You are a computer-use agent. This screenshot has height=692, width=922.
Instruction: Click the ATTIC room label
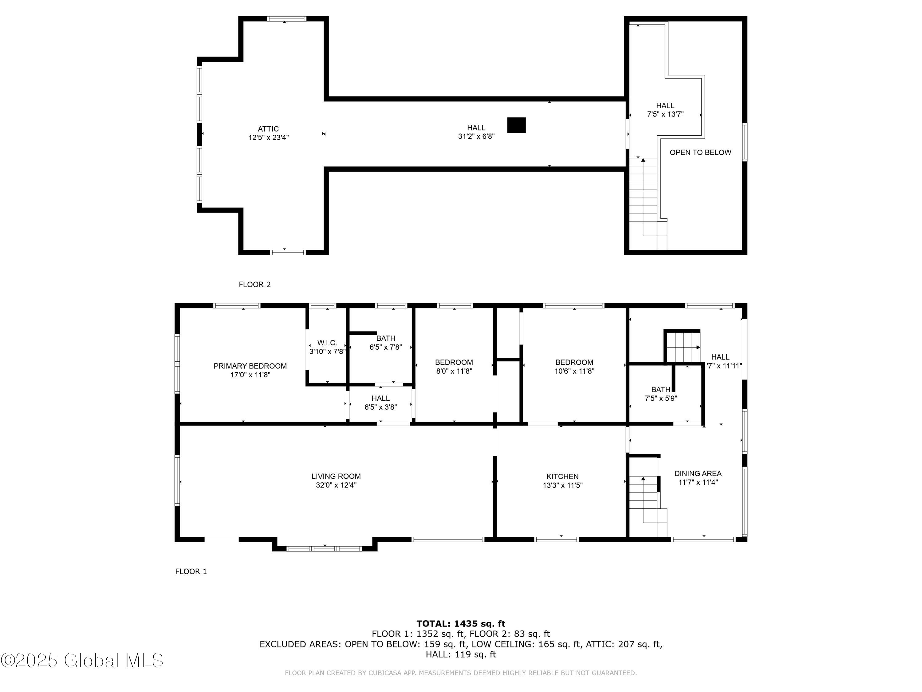pos(268,129)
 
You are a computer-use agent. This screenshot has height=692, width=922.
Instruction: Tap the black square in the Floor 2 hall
pos(516,125)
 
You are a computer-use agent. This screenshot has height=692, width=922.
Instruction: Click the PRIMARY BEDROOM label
pos(250,366)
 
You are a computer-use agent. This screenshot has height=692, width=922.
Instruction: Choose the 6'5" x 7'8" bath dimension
pos(386,347)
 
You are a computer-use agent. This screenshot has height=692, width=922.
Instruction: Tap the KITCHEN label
pos(562,476)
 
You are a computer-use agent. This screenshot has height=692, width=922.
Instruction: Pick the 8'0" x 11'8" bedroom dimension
pos(454,371)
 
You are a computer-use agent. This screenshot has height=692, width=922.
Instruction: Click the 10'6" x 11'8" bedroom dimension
pos(574,371)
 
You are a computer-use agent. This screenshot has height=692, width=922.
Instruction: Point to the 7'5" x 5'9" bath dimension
pos(661,398)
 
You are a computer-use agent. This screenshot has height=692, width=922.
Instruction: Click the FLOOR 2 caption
pos(255,284)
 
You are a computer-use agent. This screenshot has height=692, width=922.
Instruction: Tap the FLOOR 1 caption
pos(191,571)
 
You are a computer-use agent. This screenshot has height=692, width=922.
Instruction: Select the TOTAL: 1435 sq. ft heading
pos(461,624)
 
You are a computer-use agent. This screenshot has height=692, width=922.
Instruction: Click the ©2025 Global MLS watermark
pos(82,660)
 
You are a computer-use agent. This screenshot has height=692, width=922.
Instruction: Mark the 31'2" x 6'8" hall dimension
pos(476,136)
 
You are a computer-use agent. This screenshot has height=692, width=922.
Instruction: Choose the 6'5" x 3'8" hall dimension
pos(380,407)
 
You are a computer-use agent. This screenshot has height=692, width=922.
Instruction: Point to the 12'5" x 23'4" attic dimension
pos(268,138)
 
